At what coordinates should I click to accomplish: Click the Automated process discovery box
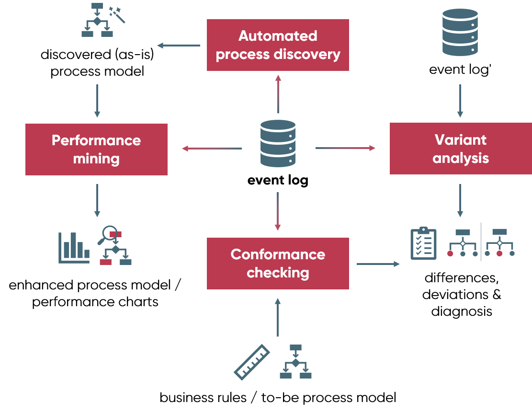[x=278, y=45]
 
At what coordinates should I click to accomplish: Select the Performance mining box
[x=96, y=149]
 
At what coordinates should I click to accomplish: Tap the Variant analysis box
[x=460, y=149]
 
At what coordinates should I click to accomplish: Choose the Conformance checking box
[x=278, y=264]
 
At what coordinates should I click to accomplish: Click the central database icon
[x=278, y=144]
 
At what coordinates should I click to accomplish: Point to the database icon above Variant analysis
[x=460, y=32]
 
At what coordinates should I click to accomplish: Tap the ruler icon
[x=252, y=362]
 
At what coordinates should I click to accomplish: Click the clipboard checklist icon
[x=423, y=244]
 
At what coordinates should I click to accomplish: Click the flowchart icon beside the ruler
[x=295, y=362]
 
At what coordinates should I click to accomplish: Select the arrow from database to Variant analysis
[x=345, y=148]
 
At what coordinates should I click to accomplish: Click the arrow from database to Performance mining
[x=212, y=149]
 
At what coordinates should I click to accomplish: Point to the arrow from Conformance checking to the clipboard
[x=378, y=264]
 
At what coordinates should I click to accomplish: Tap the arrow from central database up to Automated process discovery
[x=278, y=94]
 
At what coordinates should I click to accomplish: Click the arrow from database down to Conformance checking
[x=278, y=211]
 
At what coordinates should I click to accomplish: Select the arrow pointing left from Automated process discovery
[x=179, y=46]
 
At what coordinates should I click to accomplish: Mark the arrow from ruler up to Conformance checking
[x=278, y=317]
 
